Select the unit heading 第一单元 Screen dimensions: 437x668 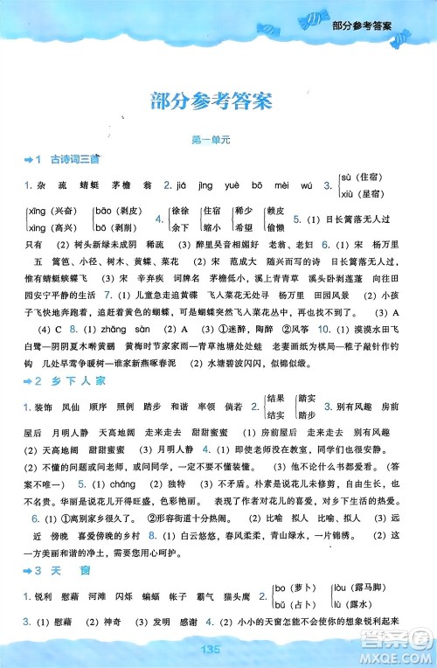(x=218, y=141)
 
